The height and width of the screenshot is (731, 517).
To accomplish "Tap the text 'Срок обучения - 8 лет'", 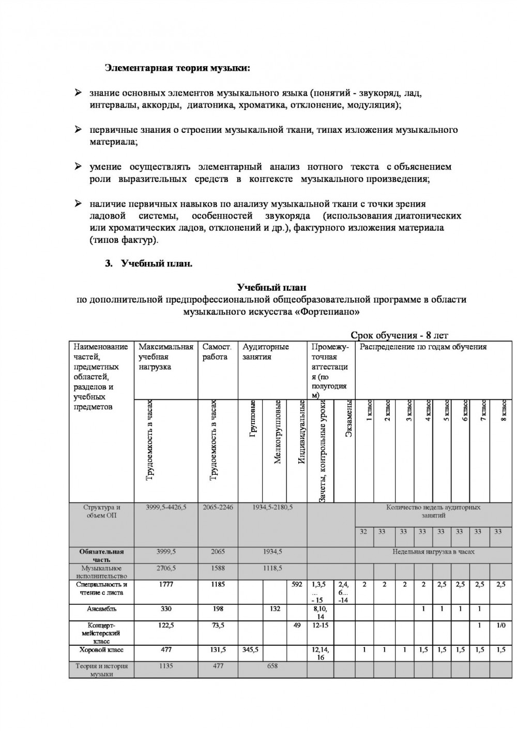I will pos(399,336).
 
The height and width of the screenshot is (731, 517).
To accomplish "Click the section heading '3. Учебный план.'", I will pos(149,263).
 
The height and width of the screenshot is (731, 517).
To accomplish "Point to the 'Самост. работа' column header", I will pos(217,352).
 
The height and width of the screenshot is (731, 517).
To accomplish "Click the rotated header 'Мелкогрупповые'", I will pos(277,432).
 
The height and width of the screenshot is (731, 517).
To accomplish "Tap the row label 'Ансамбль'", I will pos(101,609).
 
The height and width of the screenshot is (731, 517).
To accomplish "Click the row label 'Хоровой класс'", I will pos(101,649).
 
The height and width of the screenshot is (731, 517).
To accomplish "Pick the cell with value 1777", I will pos(165,584).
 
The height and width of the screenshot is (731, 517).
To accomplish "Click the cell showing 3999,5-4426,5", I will pos(165,507).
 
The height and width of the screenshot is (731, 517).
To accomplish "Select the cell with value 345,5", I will pos(250,649).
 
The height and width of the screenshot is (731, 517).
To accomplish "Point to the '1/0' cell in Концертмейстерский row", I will pos(500,625).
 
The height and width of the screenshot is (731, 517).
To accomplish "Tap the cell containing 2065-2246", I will pos(218,507).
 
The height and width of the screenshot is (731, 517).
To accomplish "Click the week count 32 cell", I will pos(363,531).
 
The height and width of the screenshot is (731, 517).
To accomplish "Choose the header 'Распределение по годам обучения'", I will pos(423,347).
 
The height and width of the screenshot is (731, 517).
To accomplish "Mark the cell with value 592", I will pos(297,584).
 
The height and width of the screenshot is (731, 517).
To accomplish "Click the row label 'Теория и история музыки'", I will pos(101,670).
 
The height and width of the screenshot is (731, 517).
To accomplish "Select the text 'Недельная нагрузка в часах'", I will pos(433,552).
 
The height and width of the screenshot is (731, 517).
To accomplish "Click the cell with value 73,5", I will pos(218,625).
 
